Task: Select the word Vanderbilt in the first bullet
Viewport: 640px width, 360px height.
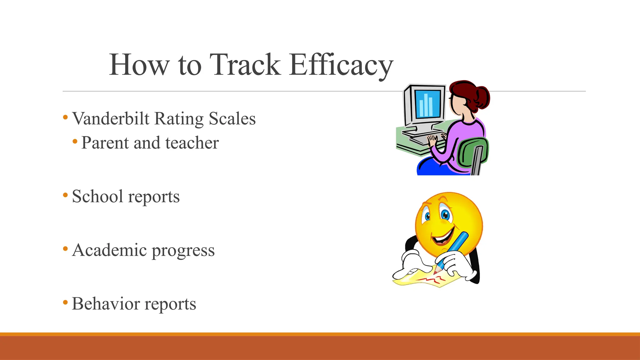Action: point(111,119)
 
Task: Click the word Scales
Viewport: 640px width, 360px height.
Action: point(232,119)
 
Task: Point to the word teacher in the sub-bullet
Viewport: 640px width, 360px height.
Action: point(192,143)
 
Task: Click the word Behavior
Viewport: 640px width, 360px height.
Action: point(106,304)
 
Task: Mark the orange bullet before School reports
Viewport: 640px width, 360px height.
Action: point(65,195)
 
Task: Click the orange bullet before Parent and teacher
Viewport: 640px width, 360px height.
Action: point(75,142)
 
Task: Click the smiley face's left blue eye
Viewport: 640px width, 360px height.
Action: point(427,216)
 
